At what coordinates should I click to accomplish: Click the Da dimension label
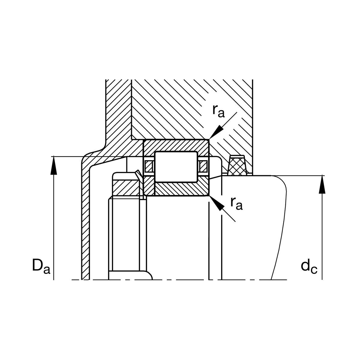(41, 265)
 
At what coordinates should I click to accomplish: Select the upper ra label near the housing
(218, 111)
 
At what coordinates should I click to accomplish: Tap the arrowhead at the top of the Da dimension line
(54, 165)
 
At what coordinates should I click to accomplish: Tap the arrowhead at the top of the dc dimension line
(322, 184)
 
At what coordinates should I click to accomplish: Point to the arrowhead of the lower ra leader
(216, 203)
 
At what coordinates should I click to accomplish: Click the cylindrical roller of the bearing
(176, 166)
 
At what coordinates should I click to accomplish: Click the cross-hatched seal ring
(237, 166)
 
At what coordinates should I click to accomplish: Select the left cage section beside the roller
(149, 166)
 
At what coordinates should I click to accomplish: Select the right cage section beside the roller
(203, 166)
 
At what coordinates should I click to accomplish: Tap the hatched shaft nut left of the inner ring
(126, 188)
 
